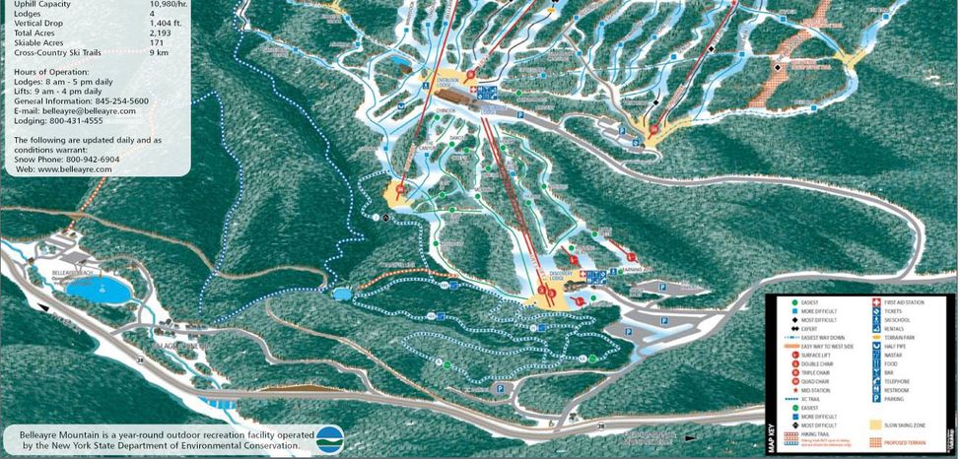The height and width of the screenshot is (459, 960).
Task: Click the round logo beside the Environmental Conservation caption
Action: tap(329, 437)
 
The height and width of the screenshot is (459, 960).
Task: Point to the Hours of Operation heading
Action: tap(51, 72)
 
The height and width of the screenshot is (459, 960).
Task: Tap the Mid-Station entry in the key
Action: tap(817, 386)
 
